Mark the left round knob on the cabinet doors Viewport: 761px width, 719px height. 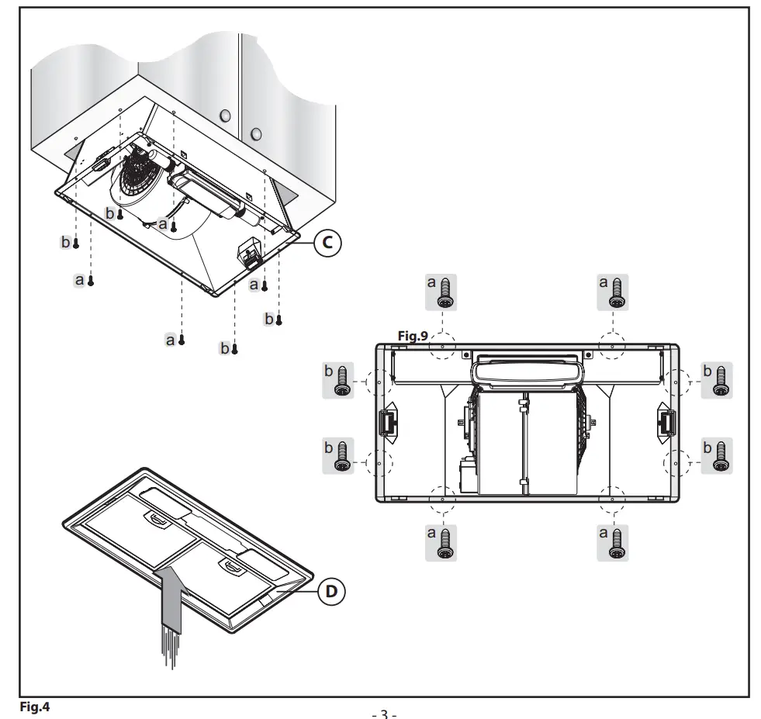tap(226, 116)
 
